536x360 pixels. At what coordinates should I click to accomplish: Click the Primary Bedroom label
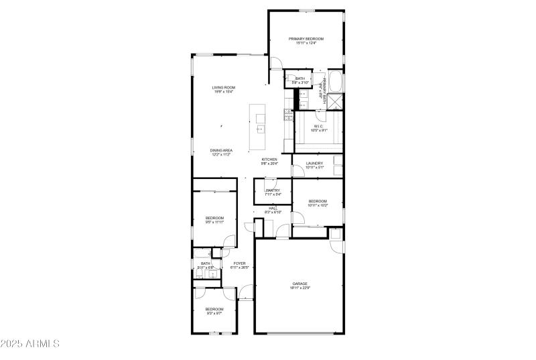(x=306, y=39)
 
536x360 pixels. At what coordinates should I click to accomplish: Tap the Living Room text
(x=223, y=87)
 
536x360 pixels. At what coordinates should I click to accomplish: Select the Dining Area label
(x=221, y=150)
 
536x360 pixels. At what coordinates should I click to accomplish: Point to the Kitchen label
(x=269, y=160)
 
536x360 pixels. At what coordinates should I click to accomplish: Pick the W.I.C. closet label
(x=319, y=126)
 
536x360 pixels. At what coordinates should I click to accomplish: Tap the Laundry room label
(x=314, y=163)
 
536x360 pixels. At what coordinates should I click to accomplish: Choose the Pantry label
(x=273, y=190)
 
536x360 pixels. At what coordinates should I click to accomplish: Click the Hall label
(x=273, y=208)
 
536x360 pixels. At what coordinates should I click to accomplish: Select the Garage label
(x=299, y=284)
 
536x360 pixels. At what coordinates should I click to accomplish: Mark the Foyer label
(x=239, y=263)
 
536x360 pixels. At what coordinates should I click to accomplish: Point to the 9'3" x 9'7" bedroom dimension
(x=214, y=313)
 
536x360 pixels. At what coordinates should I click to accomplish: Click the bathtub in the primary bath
(x=337, y=84)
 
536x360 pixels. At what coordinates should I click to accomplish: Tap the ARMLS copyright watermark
(x=30, y=345)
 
